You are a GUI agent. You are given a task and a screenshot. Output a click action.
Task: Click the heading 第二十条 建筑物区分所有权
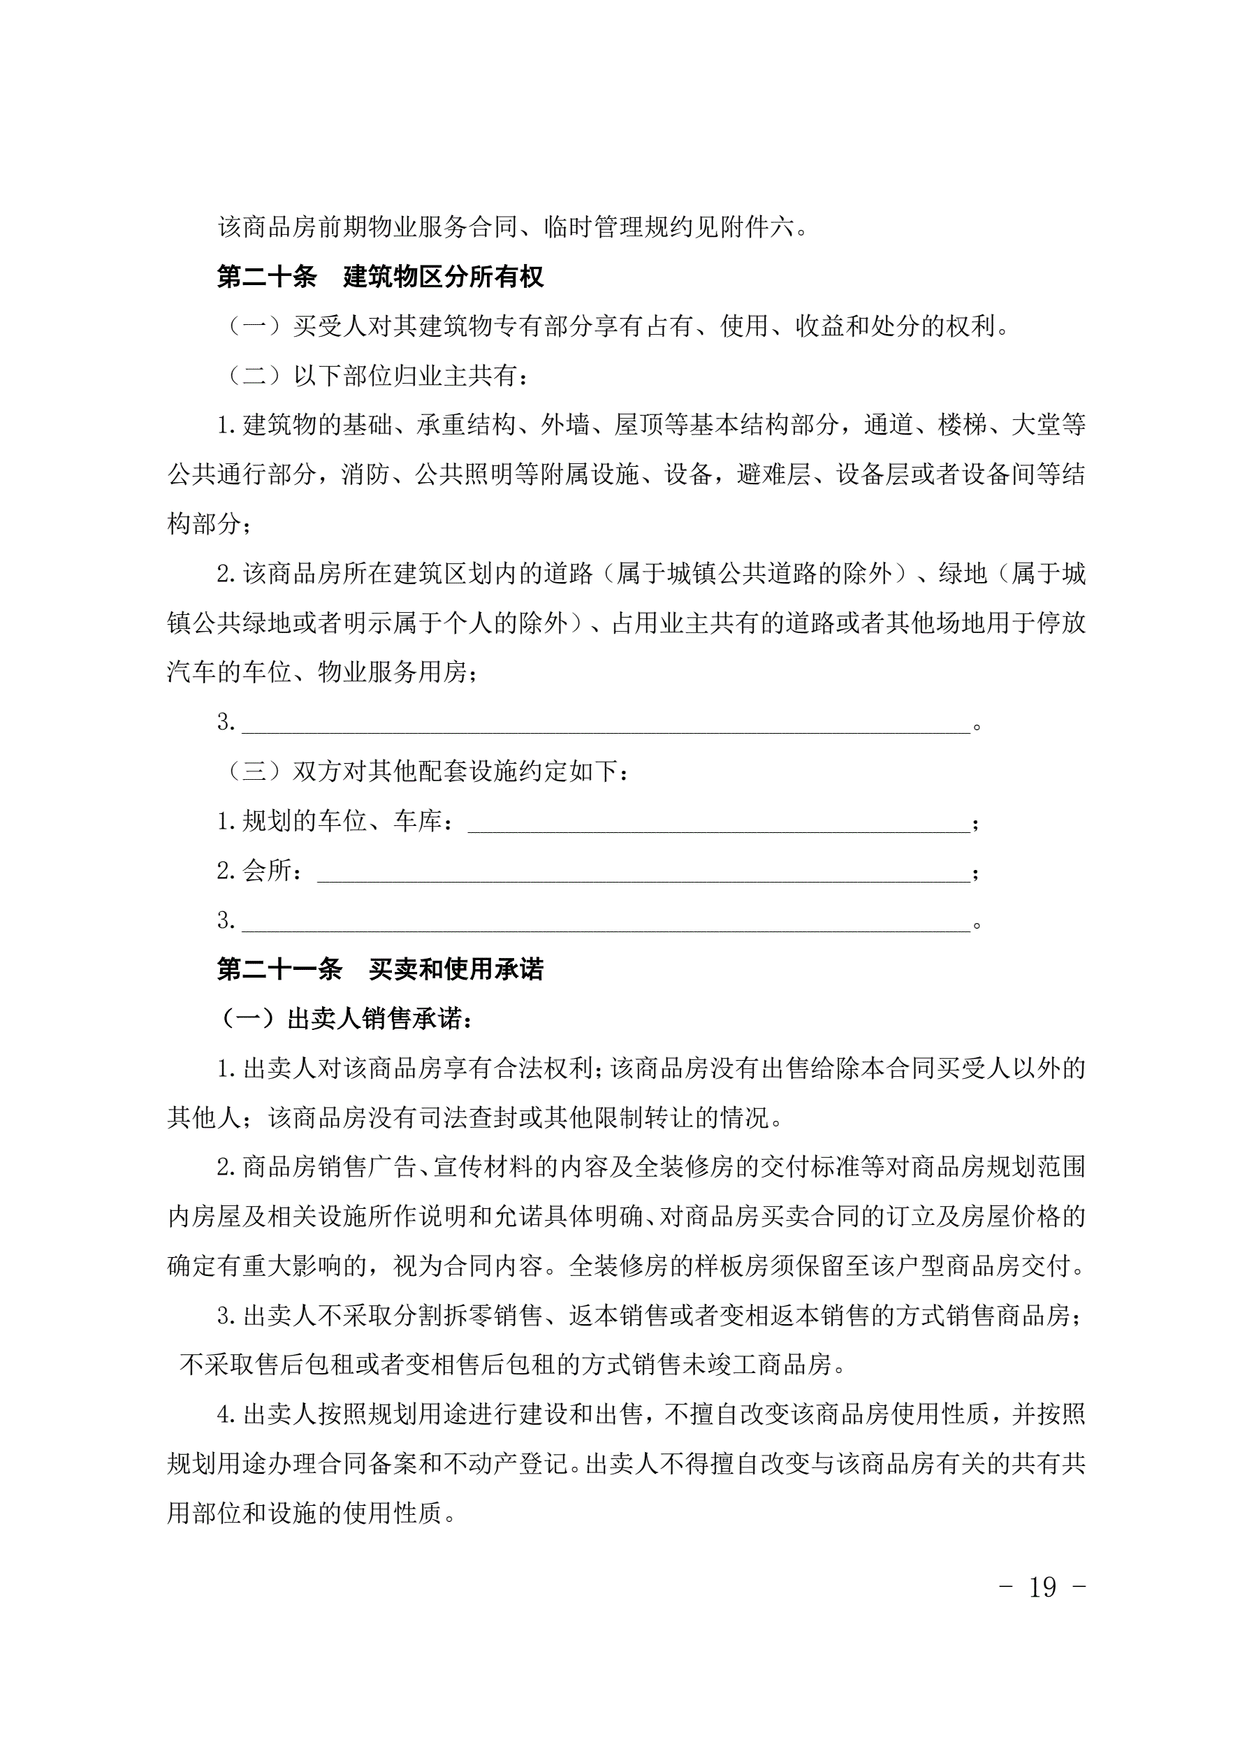click(x=380, y=277)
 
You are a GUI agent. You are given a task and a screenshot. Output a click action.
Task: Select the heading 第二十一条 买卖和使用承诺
click(x=380, y=970)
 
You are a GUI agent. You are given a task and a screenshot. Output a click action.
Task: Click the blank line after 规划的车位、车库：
click(x=719, y=823)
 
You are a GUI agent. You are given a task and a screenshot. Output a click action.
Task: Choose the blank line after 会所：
click(x=643, y=873)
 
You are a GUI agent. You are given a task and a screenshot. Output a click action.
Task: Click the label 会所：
click(x=261, y=871)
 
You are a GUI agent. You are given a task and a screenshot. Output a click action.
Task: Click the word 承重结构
click(x=466, y=425)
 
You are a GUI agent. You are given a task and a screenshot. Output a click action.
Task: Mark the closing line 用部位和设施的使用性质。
click(x=312, y=1514)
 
